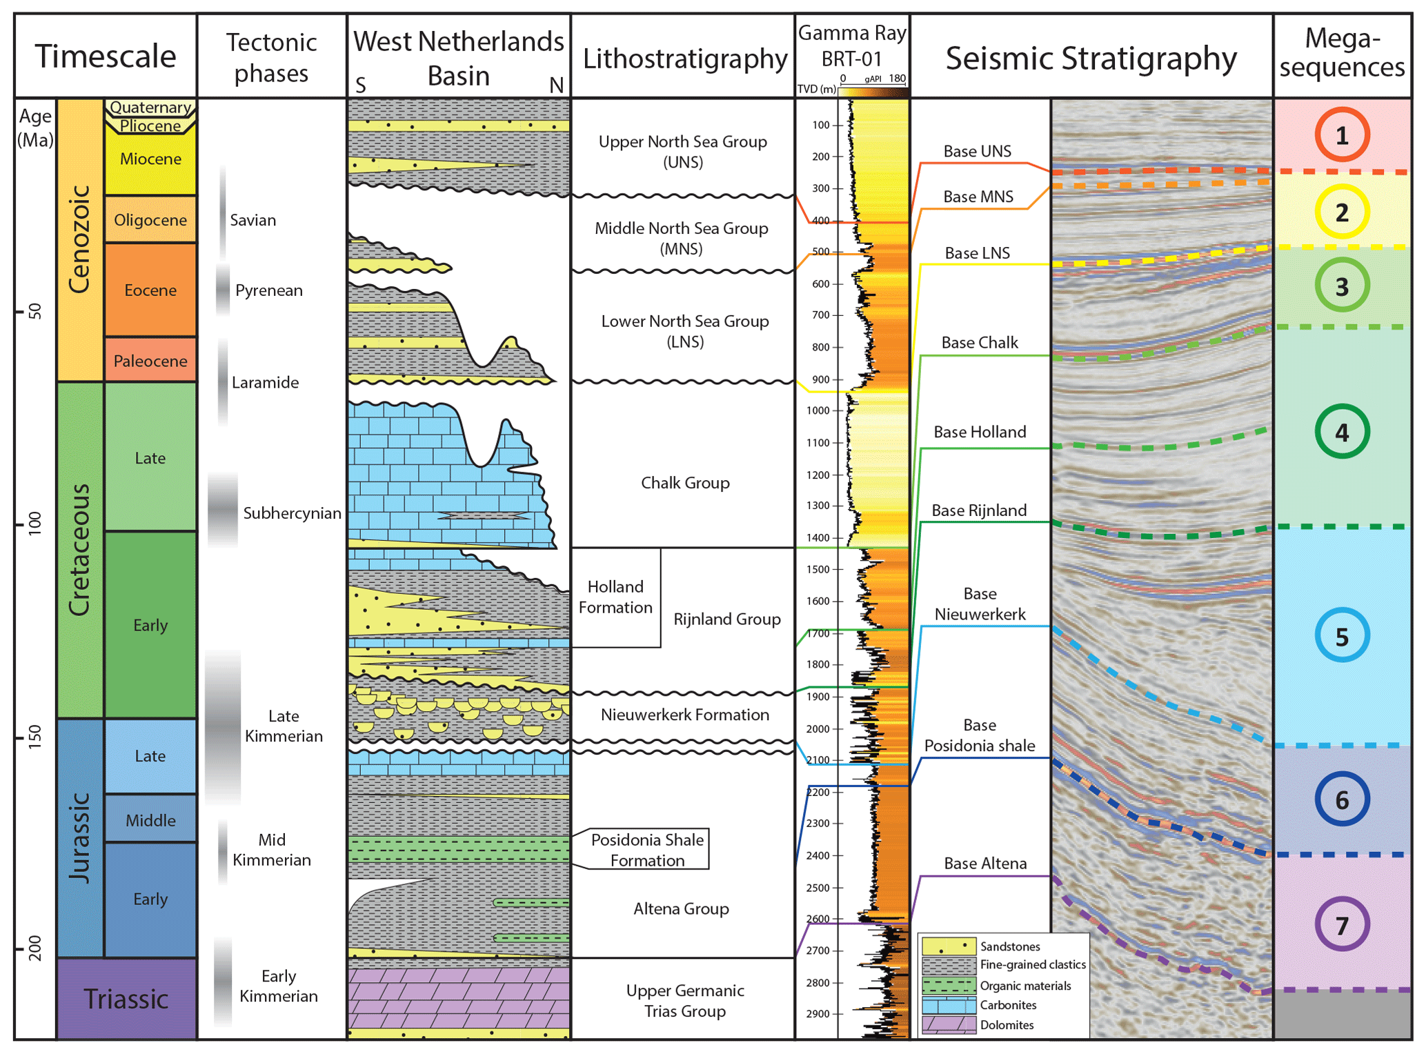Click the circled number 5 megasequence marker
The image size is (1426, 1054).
(x=1341, y=635)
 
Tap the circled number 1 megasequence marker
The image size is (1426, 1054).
(x=1341, y=135)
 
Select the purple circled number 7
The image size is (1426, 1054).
(x=1341, y=924)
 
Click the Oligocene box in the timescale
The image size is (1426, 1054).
(x=150, y=220)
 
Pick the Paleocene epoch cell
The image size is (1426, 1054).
(x=150, y=360)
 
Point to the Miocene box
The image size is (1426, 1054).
(x=150, y=159)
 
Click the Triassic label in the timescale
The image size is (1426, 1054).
(x=126, y=999)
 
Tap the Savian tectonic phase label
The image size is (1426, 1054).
(x=252, y=220)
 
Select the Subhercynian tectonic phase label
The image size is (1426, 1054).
(x=292, y=513)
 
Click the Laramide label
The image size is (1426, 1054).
(x=265, y=382)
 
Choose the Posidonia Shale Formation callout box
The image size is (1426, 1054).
(x=647, y=850)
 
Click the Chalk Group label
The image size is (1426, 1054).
(x=685, y=483)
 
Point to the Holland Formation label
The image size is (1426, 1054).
(x=615, y=597)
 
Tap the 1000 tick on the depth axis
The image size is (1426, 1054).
(x=818, y=410)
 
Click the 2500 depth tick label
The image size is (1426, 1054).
(x=818, y=888)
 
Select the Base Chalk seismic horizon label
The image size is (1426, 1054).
(x=980, y=343)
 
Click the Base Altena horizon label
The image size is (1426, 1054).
(x=984, y=864)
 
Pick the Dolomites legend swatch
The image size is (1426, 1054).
(x=949, y=1024)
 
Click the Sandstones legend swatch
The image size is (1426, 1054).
(x=949, y=946)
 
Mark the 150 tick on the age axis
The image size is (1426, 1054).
(x=34, y=737)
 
